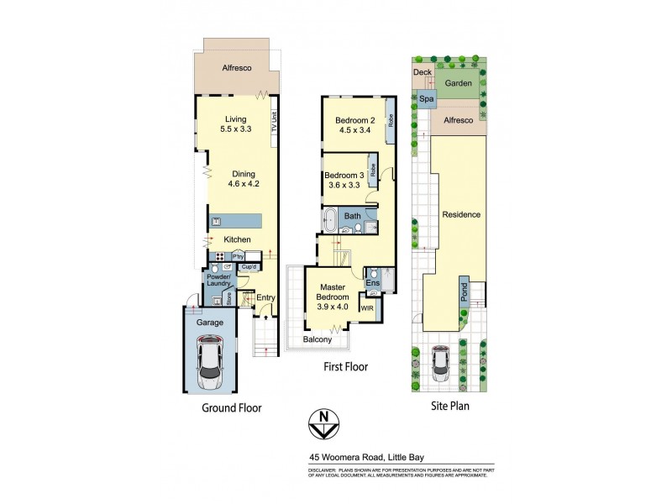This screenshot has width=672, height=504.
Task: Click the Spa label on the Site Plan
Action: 427,99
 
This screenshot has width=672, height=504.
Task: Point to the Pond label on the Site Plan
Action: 463,291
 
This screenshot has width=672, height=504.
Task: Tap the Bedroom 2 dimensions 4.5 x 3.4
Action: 355,130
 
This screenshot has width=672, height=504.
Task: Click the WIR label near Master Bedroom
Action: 366,309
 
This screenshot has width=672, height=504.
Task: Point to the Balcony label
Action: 318,340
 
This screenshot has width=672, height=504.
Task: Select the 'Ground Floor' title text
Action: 231,407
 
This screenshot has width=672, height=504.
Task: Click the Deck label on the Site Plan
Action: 423,73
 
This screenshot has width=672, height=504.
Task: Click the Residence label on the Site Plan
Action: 461,214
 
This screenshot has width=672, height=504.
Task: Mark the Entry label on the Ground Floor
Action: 265,297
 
